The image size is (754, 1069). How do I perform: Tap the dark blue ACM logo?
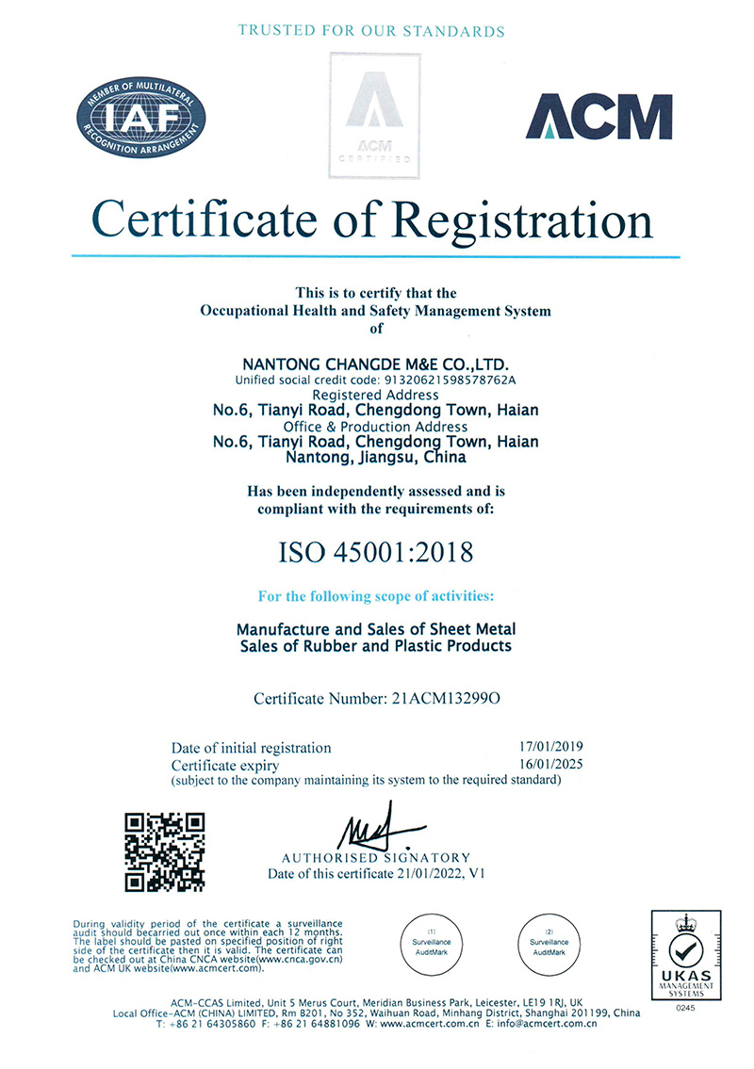(x=598, y=117)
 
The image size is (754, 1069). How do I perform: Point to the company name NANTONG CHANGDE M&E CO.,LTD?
(x=377, y=364)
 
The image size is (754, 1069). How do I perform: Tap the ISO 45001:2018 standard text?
(x=376, y=552)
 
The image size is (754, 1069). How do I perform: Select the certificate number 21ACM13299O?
(x=444, y=699)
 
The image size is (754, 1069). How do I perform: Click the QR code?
(x=167, y=851)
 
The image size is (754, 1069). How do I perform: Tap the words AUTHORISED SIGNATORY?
(x=376, y=858)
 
